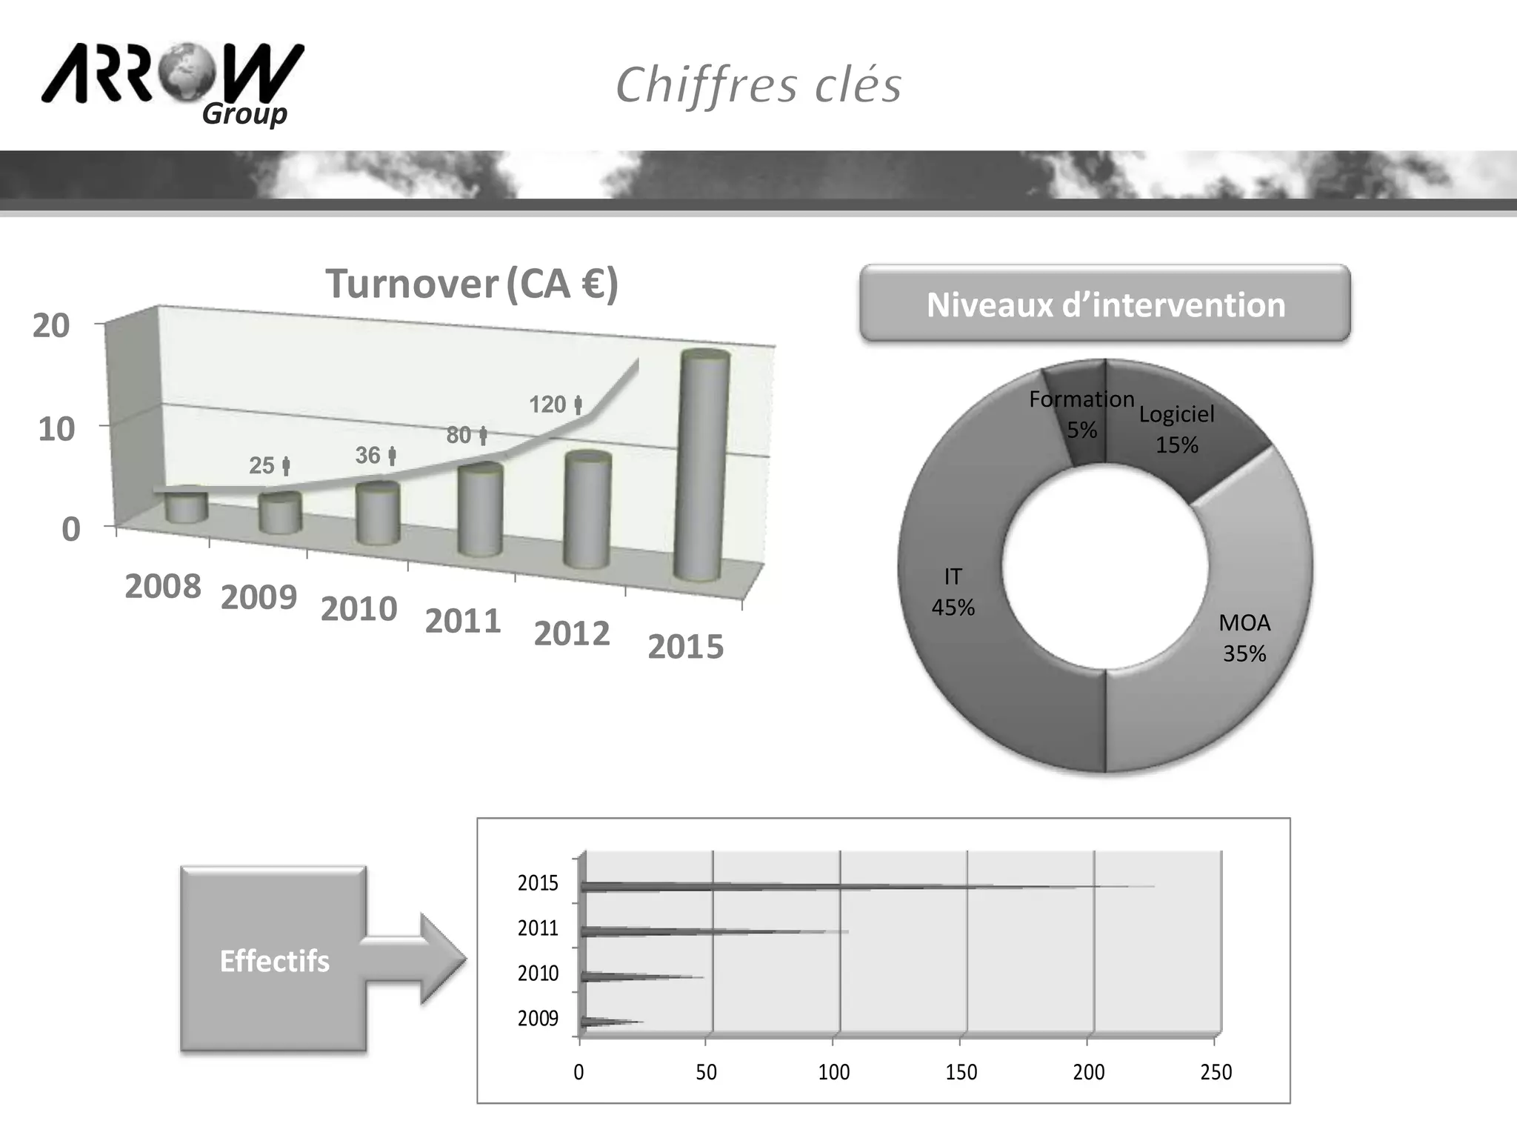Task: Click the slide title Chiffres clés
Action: pyautogui.click(x=758, y=84)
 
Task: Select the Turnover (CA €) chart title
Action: pyautogui.click(x=472, y=284)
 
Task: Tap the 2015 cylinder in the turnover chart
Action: pyautogui.click(x=702, y=467)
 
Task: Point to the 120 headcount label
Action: pyautogui.click(x=555, y=405)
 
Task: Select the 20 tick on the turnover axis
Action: pyautogui.click(x=51, y=326)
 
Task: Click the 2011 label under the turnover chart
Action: pyautogui.click(x=463, y=621)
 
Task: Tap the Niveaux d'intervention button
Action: pyautogui.click(x=1104, y=304)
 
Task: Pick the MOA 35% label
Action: pyautogui.click(x=1244, y=638)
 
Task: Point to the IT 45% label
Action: pyautogui.click(x=953, y=592)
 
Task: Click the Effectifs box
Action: pyautogui.click(x=273, y=959)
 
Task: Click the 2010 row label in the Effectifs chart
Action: pyautogui.click(x=538, y=973)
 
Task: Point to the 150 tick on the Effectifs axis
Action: pyautogui.click(x=961, y=1072)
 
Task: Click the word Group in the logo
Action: pyautogui.click(x=244, y=114)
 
